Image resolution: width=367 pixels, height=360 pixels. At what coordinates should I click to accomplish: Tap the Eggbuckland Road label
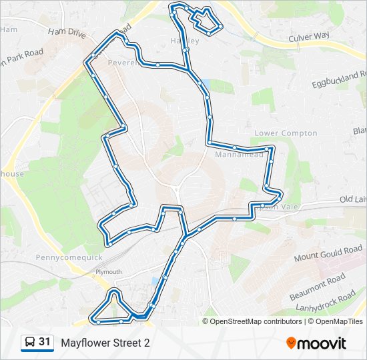click(x=340, y=79)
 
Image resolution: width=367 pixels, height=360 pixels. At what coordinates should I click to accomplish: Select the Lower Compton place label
click(x=286, y=133)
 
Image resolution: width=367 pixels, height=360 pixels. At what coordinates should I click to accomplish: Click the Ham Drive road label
click(x=67, y=33)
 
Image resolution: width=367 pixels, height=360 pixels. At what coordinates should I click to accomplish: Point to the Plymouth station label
click(x=108, y=272)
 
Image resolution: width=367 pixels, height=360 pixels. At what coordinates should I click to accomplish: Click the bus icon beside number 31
click(x=30, y=342)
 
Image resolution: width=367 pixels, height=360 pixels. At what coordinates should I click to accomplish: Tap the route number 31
click(x=45, y=342)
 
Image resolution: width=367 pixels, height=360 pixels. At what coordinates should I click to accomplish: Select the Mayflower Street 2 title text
click(x=105, y=343)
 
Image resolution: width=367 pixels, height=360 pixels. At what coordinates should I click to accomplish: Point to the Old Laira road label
click(x=352, y=199)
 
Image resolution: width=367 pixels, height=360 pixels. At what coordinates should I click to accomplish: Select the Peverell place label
click(x=128, y=63)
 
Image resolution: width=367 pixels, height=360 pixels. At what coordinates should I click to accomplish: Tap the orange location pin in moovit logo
click(x=292, y=343)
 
